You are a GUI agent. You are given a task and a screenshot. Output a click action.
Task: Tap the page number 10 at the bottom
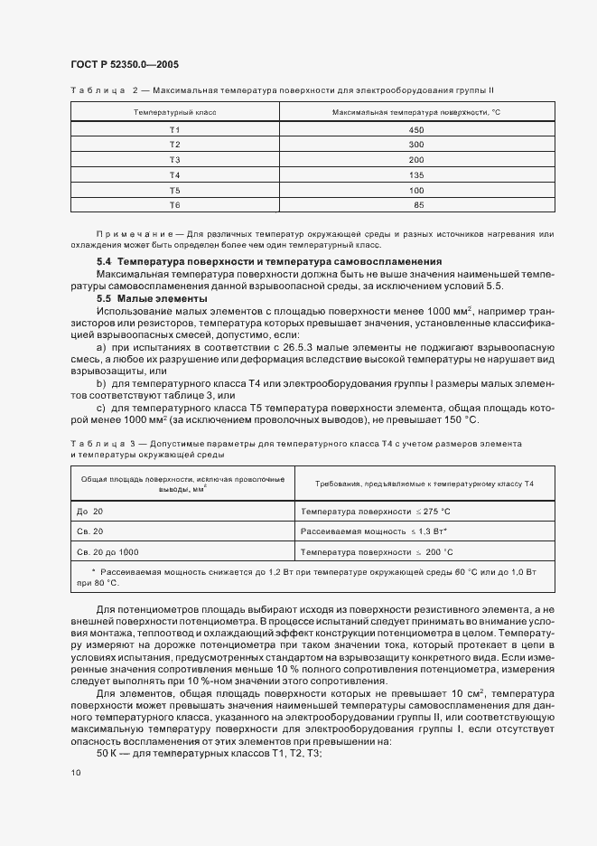(x=75, y=773)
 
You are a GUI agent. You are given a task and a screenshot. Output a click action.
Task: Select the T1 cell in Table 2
(x=174, y=129)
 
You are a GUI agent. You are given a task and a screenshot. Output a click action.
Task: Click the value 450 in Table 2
(x=416, y=129)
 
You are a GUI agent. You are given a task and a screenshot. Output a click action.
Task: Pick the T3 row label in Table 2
(x=174, y=160)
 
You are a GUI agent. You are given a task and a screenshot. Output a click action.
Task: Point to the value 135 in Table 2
(x=416, y=175)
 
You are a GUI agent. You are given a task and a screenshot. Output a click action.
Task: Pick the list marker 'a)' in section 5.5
(x=101, y=345)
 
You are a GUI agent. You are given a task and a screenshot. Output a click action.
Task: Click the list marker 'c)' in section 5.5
(x=101, y=406)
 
